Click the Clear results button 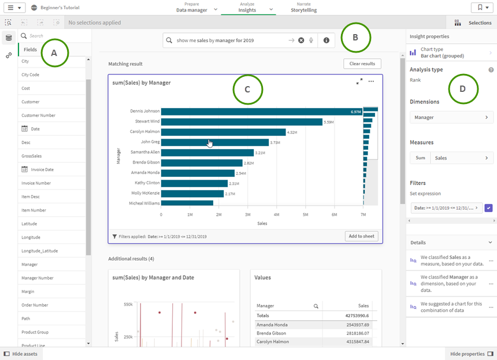(x=362, y=64)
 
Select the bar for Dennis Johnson (x=260, y=112)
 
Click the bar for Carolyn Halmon (x=223, y=132)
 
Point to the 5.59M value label (x=329, y=122)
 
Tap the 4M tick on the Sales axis (x=276, y=214)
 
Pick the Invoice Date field (x=42, y=169)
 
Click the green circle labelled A (x=54, y=53)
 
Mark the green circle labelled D (x=463, y=88)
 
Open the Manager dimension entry (x=451, y=117)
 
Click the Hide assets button (x=21, y=354)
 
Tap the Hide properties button (x=471, y=354)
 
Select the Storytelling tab (x=303, y=10)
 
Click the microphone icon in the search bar (x=311, y=40)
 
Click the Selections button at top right (x=473, y=23)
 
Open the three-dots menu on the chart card (x=371, y=81)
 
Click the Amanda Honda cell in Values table (x=272, y=325)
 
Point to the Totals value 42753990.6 (x=355, y=316)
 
